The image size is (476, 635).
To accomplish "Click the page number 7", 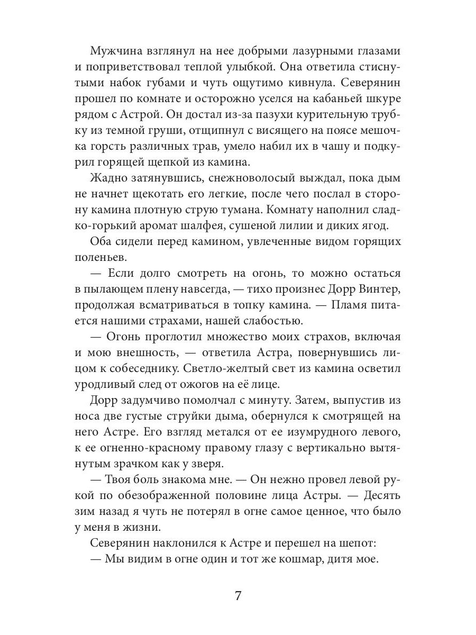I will point(238,596).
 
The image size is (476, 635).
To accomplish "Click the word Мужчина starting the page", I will point(117,51).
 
